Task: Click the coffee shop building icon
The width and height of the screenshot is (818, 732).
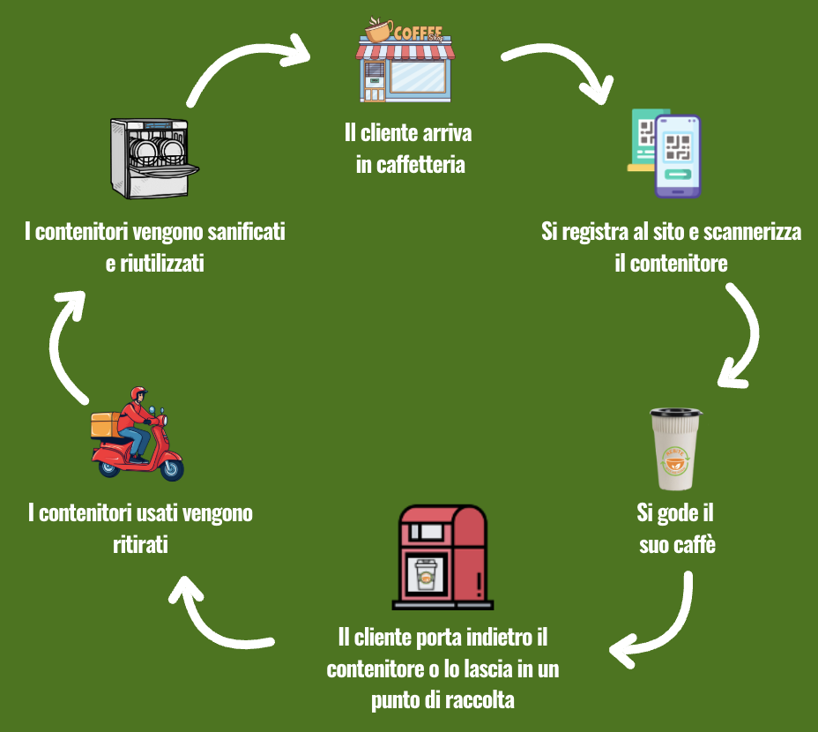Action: [x=406, y=62]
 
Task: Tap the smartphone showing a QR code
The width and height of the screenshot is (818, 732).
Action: [x=677, y=156]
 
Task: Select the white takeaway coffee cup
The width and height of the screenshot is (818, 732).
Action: [x=676, y=450]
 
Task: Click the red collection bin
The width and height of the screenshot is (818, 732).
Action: [x=442, y=557]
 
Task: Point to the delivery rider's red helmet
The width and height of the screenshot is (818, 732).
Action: [x=138, y=394]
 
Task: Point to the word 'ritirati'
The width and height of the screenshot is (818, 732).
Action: [x=141, y=544]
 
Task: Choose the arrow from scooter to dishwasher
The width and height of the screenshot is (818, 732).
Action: [x=62, y=344]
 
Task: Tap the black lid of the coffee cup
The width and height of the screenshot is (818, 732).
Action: [x=676, y=412]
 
